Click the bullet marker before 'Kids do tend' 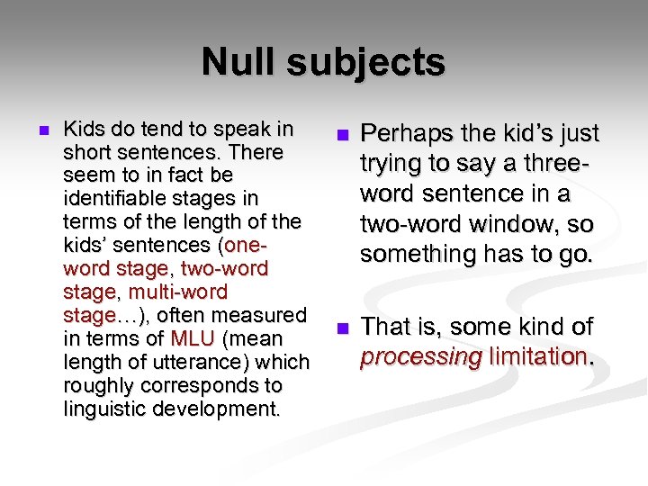click(36, 130)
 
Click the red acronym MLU click(193, 339)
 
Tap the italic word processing click(420, 357)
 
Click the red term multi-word click(178, 292)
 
